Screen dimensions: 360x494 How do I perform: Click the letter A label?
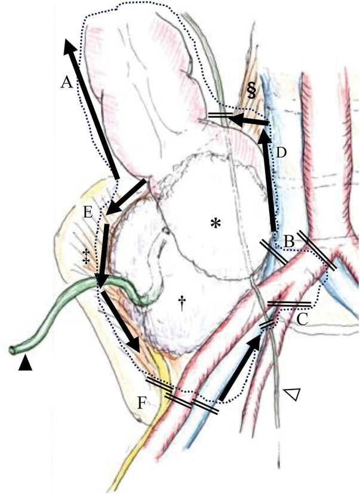pyautogui.click(x=66, y=84)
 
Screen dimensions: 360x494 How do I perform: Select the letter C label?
pyautogui.click(x=301, y=320)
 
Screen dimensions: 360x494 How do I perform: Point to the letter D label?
pyautogui.click(x=282, y=153)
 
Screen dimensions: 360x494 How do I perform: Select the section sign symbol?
pyautogui.click(x=251, y=90)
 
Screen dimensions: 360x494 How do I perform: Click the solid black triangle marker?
pyautogui.click(x=24, y=363)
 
